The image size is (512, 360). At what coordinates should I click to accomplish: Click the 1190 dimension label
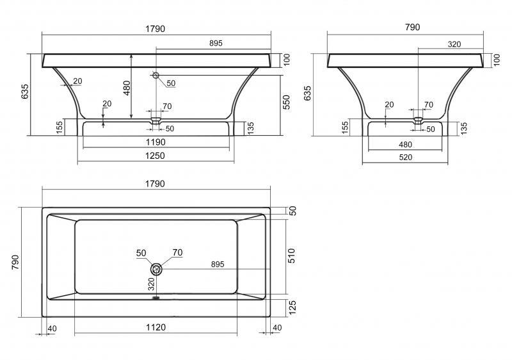pyautogui.click(x=157, y=142)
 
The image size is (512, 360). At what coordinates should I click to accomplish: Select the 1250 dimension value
pyautogui.click(x=157, y=156)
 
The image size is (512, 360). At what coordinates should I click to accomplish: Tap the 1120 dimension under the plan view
pyautogui.click(x=156, y=327)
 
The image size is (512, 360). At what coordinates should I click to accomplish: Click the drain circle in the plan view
pyautogui.click(x=157, y=268)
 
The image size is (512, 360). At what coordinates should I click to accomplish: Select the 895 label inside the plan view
pyautogui.click(x=218, y=264)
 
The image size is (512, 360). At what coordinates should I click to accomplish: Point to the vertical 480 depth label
pyautogui.click(x=127, y=88)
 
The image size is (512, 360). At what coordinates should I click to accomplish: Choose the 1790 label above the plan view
pyautogui.click(x=156, y=183)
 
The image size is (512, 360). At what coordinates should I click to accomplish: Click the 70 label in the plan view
pyautogui.click(x=177, y=252)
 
